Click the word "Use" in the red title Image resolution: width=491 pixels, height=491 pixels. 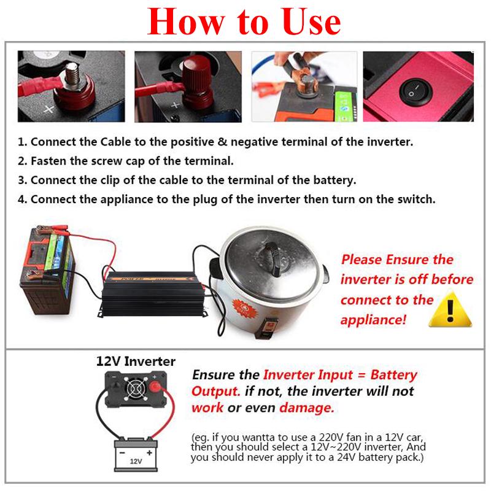click(x=311, y=22)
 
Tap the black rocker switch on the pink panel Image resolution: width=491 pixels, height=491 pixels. click(x=416, y=91)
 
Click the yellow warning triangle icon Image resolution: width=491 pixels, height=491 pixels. click(x=450, y=310)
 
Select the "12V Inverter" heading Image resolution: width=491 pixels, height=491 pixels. click(x=136, y=361)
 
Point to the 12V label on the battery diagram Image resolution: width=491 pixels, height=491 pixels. click(x=136, y=462)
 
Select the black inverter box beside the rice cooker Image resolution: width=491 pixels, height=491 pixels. click(x=152, y=293)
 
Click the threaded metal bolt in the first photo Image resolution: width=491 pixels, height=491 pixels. click(x=72, y=74)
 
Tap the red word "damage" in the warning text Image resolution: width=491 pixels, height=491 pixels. click(x=306, y=408)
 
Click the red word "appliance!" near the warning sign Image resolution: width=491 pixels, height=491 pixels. click(x=373, y=320)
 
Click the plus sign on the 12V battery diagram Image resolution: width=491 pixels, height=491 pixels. click(x=149, y=452)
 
